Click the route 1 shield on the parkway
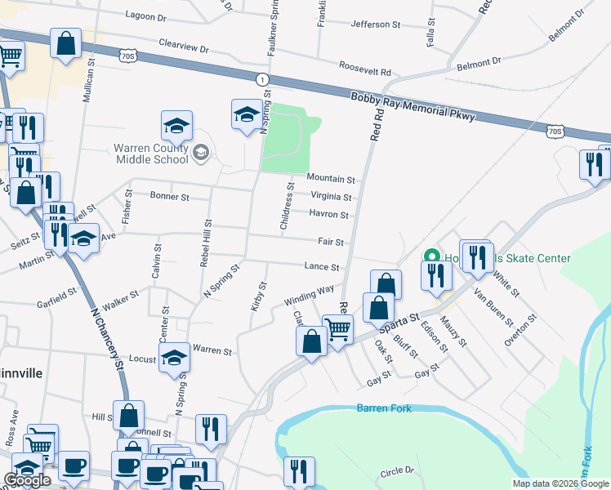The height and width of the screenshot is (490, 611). (261, 78)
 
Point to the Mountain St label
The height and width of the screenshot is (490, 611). (331, 179)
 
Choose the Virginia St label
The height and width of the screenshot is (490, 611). (331, 197)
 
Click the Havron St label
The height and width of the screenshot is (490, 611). (329, 215)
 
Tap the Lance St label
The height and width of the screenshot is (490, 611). (322, 267)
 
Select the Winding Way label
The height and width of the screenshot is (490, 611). (309, 295)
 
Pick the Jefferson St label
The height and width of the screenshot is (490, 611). (375, 24)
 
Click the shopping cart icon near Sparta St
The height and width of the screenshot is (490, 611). (337, 329)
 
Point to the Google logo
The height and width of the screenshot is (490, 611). (28, 480)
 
